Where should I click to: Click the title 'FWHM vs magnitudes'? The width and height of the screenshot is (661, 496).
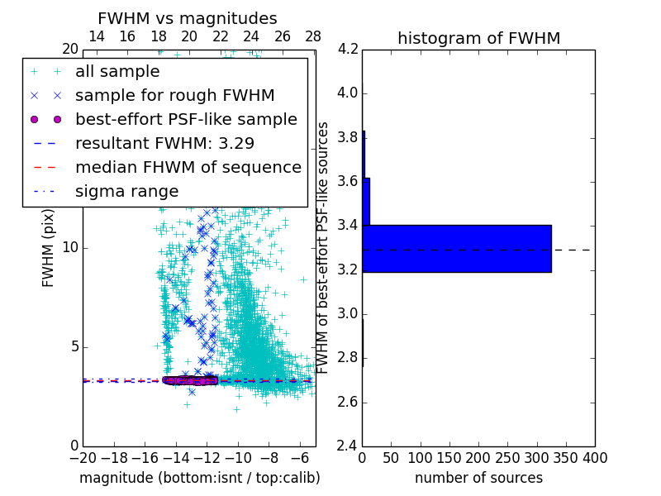click(188, 19)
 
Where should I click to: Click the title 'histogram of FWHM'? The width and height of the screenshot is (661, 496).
click(478, 38)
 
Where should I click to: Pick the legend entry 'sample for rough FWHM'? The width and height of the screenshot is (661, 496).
click(174, 95)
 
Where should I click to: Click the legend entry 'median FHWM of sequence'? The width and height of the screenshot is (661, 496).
click(188, 167)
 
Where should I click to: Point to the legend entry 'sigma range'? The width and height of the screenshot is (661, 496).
click(126, 191)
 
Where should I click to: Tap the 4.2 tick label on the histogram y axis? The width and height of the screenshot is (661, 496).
click(348, 49)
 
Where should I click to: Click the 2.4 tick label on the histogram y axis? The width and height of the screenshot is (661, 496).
click(348, 446)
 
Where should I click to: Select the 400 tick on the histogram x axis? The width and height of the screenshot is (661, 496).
click(595, 458)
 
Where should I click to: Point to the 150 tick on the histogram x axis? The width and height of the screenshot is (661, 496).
click(449, 458)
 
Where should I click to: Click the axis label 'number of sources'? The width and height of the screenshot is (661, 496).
click(478, 478)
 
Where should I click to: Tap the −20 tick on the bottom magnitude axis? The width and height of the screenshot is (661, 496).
click(83, 458)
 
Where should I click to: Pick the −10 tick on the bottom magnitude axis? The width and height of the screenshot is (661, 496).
click(238, 458)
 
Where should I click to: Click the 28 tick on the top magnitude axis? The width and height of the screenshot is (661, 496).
click(313, 36)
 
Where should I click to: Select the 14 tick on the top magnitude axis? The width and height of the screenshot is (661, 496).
click(96, 36)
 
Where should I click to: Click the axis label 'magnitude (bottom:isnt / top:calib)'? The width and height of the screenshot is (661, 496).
click(199, 478)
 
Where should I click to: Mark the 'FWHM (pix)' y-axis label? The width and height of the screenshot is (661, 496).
click(49, 248)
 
